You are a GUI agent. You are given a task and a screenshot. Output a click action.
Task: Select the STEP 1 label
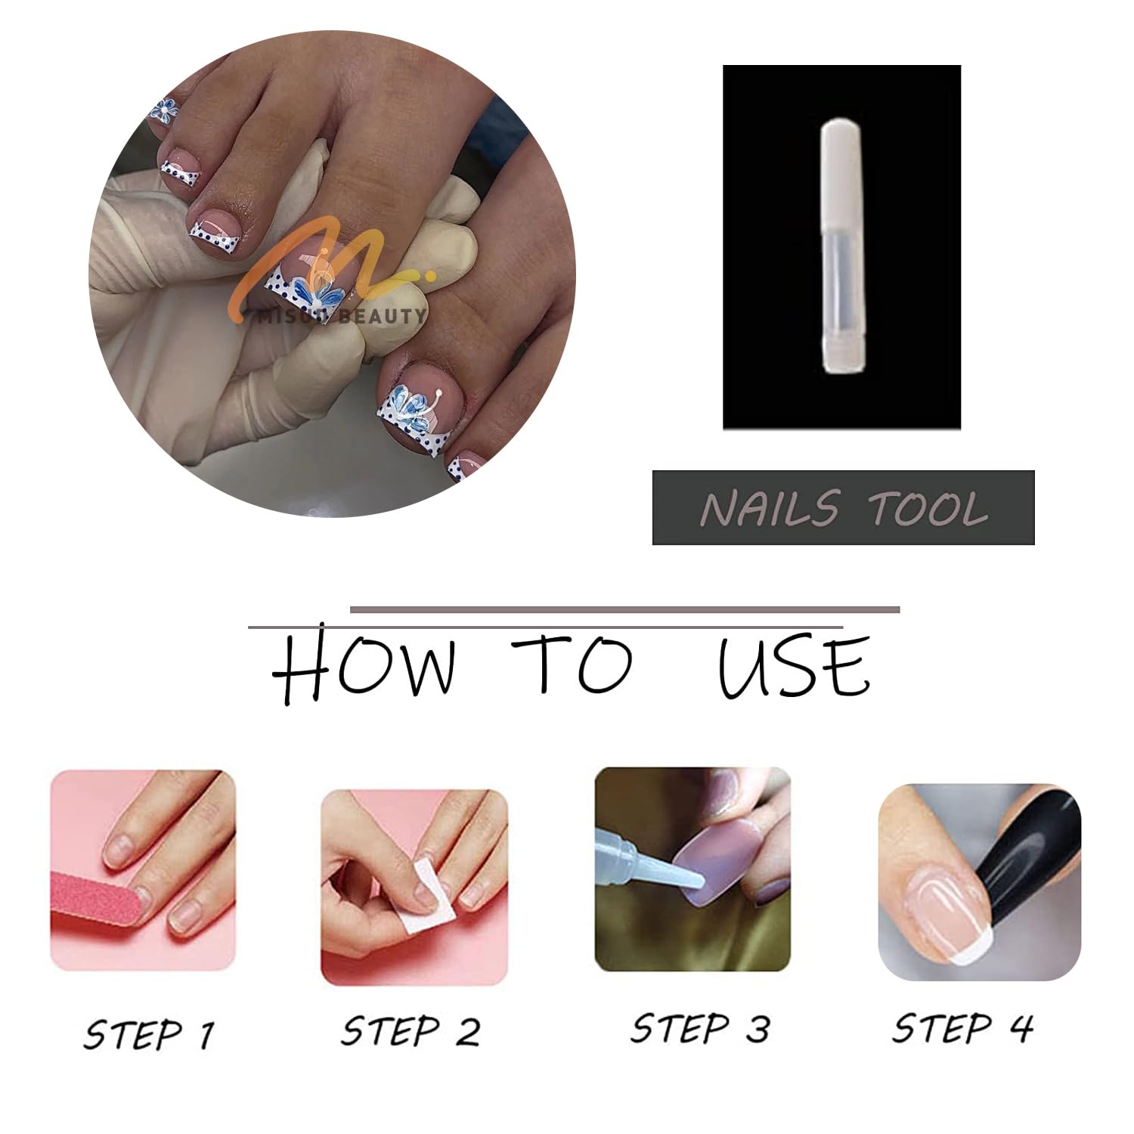click(x=149, y=1033)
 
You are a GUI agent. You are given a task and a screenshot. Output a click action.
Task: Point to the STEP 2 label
click(x=411, y=1030)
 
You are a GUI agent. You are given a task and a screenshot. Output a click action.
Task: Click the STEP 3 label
click(x=700, y=1028)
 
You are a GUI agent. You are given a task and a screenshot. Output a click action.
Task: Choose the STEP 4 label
click(x=962, y=1027)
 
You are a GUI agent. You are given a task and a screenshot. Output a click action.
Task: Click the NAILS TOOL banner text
click(x=844, y=508)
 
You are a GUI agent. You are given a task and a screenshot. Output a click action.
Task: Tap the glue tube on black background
click(x=841, y=250)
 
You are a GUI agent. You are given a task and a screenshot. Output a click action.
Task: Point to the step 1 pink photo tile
click(x=143, y=871)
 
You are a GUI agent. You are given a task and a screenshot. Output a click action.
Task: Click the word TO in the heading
click(x=569, y=663)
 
